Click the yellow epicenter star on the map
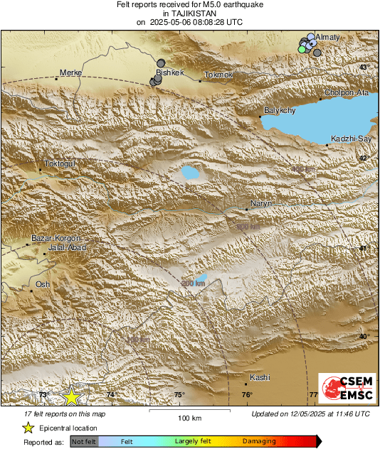pos(71,396)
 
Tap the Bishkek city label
pos(171,72)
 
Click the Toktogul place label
pos(60,163)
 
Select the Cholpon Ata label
pos(346,92)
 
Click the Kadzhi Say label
pos(349,138)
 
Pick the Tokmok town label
pos(218,75)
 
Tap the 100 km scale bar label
pos(189,418)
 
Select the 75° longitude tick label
pos(178,395)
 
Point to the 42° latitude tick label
pos(364,158)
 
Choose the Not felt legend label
pos(84,441)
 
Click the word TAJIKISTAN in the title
pos(189,13)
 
